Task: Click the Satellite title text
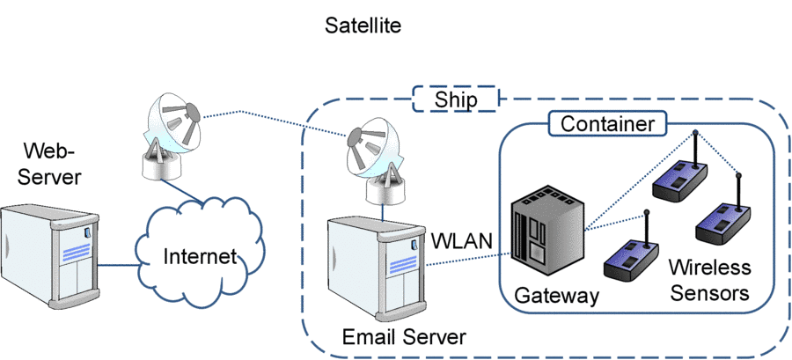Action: click(363, 26)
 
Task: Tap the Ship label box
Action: click(456, 99)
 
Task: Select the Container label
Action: click(608, 124)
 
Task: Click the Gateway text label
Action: click(555, 296)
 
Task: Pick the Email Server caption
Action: click(404, 336)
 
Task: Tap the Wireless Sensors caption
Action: click(710, 279)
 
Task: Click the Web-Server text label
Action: click(53, 163)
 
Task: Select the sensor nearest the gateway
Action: click(631, 259)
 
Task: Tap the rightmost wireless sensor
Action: click(724, 225)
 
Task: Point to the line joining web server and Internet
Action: click(116, 264)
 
